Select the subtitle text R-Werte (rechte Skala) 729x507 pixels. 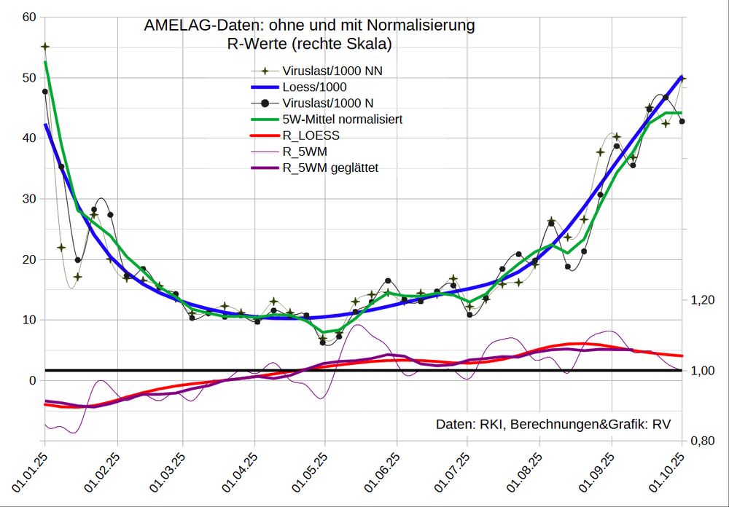(x=309, y=44)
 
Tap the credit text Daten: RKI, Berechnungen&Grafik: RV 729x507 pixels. (x=553, y=424)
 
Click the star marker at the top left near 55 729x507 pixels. (x=45, y=47)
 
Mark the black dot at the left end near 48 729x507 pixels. (x=45, y=92)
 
